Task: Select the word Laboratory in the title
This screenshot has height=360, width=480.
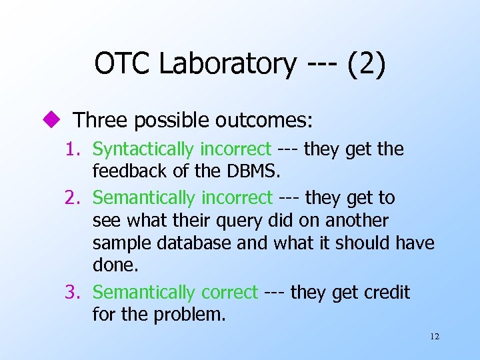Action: (228, 65)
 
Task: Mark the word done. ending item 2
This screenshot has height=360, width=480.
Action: (115, 266)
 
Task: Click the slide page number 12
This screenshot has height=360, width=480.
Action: (435, 337)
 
